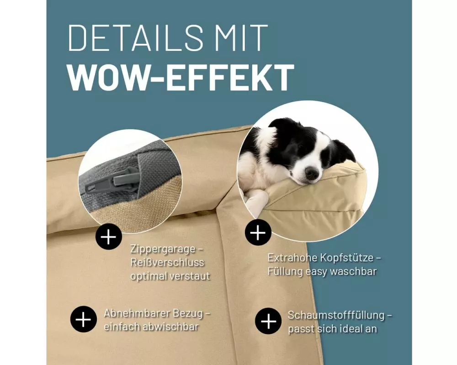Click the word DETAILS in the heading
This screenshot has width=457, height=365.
pyautogui.click(x=135, y=38)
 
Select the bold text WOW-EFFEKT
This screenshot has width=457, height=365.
pyautogui.click(x=181, y=77)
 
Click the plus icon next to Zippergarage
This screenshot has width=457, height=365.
pyautogui.click(x=108, y=237)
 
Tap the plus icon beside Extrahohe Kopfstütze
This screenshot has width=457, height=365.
pyautogui.click(x=258, y=233)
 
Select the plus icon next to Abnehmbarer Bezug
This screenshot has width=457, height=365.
pyautogui.click(x=83, y=319)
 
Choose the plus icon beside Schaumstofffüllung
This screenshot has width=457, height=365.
pyautogui.click(x=268, y=321)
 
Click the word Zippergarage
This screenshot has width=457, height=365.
pyautogui.click(x=163, y=250)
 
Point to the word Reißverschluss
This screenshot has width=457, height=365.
pyautogui.click(x=167, y=262)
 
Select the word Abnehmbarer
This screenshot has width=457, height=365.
pyautogui.click(x=137, y=313)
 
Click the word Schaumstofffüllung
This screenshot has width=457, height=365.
pyautogui.click(x=336, y=315)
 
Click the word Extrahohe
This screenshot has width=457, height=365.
pyautogui.click(x=292, y=258)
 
